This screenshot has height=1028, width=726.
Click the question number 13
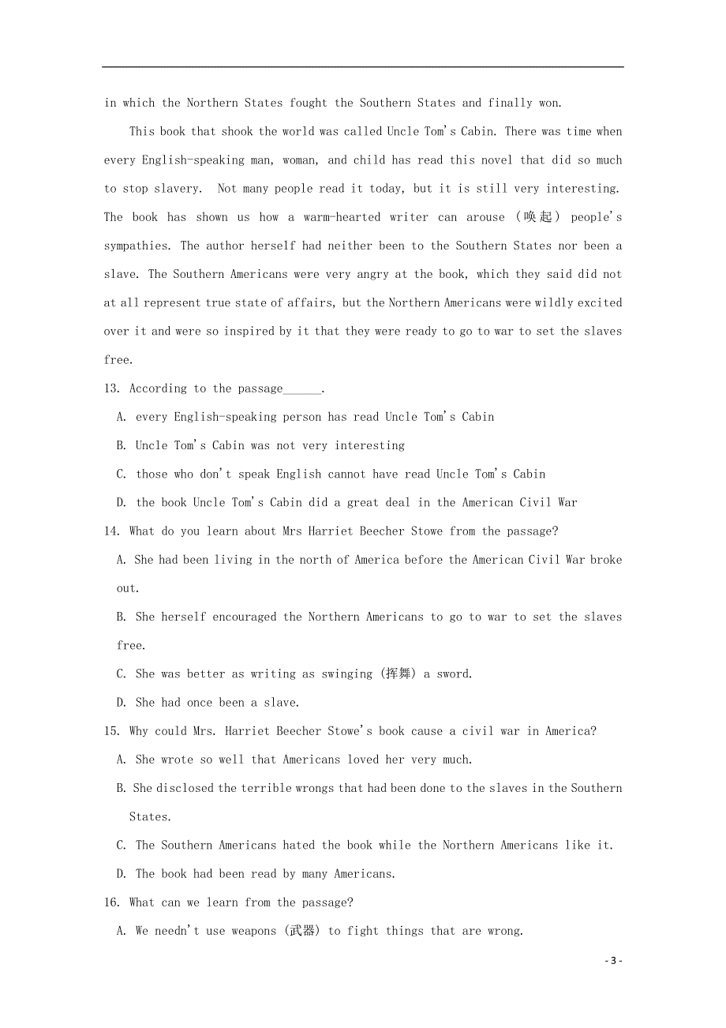[x=111, y=388]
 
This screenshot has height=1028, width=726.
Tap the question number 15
[x=111, y=731]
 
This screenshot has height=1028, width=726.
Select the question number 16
[x=111, y=902]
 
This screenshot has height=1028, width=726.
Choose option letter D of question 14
[x=122, y=703]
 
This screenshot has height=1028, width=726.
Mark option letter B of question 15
[x=122, y=788]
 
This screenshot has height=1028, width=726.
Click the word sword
[x=455, y=674]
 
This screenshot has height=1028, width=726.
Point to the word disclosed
[x=184, y=788]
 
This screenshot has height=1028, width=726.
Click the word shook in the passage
[x=238, y=131]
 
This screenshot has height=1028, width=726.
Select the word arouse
[x=485, y=217]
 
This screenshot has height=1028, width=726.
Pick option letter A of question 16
[x=122, y=931]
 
